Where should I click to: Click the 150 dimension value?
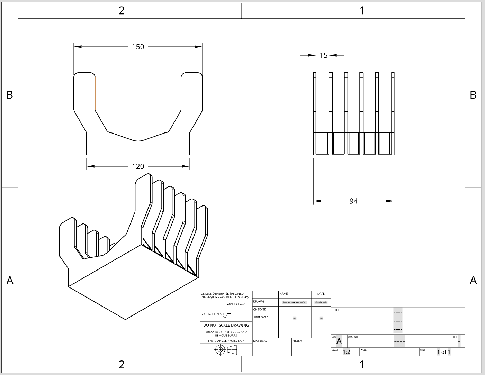(x=138, y=47)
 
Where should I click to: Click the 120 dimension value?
(x=138, y=166)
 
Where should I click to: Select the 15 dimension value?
(x=323, y=55)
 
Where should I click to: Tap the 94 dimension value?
(x=353, y=201)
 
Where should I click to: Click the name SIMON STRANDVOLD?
(x=295, y=302)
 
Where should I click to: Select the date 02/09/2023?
(x=321, y=302)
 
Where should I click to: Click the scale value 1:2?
(x=347, y=352)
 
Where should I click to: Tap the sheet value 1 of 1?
(x=443, y=352)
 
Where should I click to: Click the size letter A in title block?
(x=339, y=341)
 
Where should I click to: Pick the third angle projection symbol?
(x=226, y=350)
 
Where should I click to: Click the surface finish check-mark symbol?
(x=227, y=315)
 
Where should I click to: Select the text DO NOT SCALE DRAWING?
(x=226, y=325)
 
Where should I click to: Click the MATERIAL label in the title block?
(x=260, y=341)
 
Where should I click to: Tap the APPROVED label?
(x=261, y=317)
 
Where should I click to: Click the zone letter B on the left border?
(x=10, y=95)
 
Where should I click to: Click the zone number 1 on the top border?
(x=362, y=10)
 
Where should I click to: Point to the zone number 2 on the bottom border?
(x=122, y=365)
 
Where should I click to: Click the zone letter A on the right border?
(x=473, y=280)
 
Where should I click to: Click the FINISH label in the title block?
(x=297, y=341)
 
